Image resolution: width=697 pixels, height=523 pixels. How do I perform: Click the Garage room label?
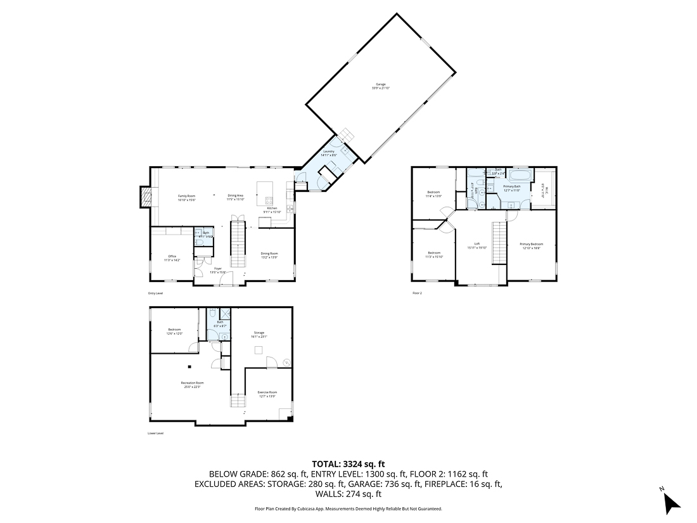click(380, 86)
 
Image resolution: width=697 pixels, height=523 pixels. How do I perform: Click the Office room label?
click(172, 258)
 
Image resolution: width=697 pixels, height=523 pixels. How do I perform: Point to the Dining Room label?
click(270, 255)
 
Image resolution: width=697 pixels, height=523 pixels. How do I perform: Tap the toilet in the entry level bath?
click(200, 242)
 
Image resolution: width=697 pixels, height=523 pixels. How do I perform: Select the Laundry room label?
click(328, 153)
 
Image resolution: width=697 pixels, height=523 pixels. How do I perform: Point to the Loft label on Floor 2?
click(476, 246)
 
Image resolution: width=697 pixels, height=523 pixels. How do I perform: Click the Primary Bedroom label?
click(531, 245)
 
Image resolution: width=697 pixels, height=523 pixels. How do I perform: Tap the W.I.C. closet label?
click(543, 188)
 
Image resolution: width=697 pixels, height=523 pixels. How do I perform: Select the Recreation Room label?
click(192, 384)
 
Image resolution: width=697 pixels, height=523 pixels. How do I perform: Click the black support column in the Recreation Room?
click(189, 366)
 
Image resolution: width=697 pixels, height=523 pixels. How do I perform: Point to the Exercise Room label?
click(267, 394)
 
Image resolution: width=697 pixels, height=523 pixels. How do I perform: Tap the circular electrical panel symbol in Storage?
click(286, 362)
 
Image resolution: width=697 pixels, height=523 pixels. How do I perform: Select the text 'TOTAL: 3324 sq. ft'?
click(348, 464)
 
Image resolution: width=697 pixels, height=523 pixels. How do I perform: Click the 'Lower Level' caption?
click(155, 434)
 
